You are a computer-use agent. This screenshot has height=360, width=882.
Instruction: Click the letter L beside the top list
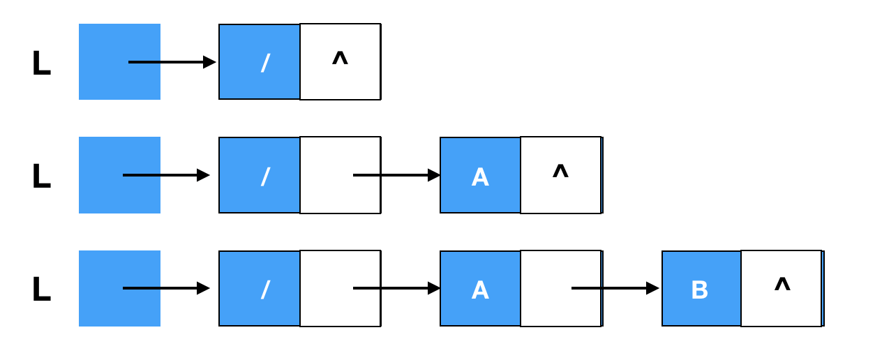pos(42,63)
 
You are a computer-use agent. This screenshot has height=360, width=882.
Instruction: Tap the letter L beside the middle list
pos(42,176)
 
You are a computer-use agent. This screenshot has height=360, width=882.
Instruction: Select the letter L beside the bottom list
pos(42,289)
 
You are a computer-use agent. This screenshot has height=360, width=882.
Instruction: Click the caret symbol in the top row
pos(341,59)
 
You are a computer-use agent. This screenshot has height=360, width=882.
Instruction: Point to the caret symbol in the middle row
pos(561,171)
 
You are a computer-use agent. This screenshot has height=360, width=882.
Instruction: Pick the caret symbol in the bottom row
pos(782,284)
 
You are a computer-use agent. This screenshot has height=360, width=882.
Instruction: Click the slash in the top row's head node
pos(266,63)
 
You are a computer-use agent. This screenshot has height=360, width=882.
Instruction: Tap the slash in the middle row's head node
pos(266,177)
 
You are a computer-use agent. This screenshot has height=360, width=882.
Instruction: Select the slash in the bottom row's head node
pos(266,290)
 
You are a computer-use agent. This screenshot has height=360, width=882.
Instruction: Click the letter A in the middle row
pos(480,177)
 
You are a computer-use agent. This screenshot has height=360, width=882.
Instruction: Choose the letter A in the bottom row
pos(480,290)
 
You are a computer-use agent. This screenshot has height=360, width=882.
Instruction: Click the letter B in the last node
pos(700,290)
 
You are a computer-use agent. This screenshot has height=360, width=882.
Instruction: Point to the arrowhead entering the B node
pos(653,288)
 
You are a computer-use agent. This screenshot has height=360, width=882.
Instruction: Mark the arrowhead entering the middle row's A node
pos(434,175)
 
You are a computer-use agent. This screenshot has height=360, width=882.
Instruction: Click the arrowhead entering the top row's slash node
pos(210,62)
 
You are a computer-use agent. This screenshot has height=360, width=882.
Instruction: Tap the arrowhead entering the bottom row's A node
pos(434,288)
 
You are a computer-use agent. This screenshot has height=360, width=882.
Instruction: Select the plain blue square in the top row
pos(120,62)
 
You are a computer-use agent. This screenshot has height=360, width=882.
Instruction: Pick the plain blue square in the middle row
pos(120,175)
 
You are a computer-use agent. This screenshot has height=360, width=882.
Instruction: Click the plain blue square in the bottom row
pos(120,288)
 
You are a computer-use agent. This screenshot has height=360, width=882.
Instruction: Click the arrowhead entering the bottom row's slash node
pos(204,288)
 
